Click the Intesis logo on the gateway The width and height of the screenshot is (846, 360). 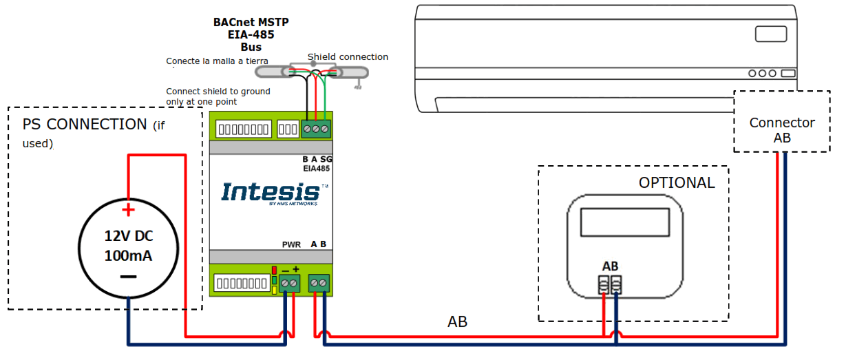(271, 192)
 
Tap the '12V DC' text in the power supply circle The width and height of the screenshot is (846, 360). (128, 236)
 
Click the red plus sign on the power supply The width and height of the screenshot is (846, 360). (127, 210)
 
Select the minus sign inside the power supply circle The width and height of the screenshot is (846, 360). (128, 277)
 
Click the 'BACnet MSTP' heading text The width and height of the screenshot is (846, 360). (251, 22)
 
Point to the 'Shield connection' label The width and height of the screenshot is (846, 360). (348, 57)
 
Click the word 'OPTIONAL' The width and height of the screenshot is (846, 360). (676, 183)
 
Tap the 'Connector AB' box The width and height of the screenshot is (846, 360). (782, 130)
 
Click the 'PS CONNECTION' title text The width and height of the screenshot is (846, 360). (84, 125)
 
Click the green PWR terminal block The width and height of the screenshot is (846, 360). (289, 283)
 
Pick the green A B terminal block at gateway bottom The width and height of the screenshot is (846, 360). (319, 283)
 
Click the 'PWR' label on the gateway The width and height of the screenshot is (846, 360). (291, 244)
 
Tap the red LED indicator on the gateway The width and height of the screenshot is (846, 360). (274, 271)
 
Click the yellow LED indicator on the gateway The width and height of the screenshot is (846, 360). (274, 290)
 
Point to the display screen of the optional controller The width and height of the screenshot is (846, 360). (624, 222)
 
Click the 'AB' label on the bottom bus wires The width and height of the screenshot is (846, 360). (457, 322)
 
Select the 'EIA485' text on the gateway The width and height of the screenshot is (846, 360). (316, 167)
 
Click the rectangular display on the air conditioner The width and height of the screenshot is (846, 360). (770, 34)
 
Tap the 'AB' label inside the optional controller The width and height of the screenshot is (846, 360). (610, 266)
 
